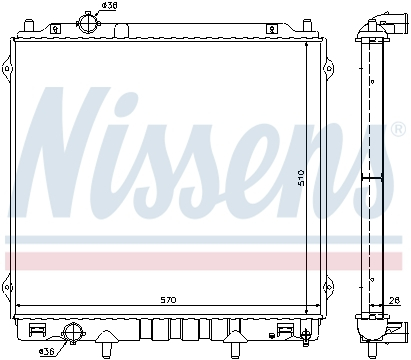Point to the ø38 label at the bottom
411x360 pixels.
coord(46,352)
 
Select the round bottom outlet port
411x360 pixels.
coord(72,334)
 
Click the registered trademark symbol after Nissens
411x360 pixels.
coord(397,131)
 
